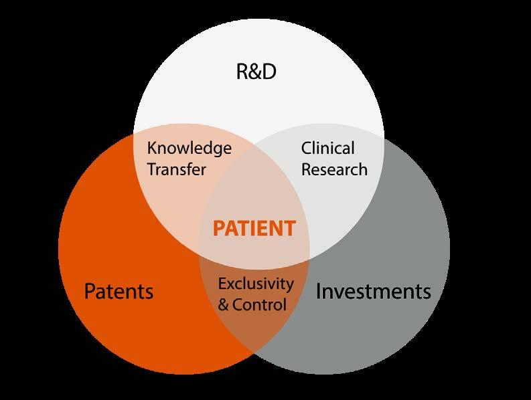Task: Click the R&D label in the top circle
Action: [256, 72]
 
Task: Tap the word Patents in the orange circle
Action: [119, 292]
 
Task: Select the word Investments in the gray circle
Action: [373, 292]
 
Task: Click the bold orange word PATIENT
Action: [254, 229]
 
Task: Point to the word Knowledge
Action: [189, 148]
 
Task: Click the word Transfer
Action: [176, 169]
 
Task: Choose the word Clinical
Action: [327, 148]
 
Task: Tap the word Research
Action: [334, 169]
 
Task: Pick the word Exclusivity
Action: [256, 284]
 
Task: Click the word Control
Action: [261, 305]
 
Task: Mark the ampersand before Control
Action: [224, 305]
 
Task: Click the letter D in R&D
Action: [269, 72]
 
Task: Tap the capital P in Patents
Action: [90, 292]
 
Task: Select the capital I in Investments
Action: [319, 292]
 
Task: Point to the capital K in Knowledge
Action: [151, 148]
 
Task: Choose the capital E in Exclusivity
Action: [222, 284]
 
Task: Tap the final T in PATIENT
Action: [289, 229]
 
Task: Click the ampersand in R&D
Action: [255, 72]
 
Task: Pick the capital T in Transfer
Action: [152, 169]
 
